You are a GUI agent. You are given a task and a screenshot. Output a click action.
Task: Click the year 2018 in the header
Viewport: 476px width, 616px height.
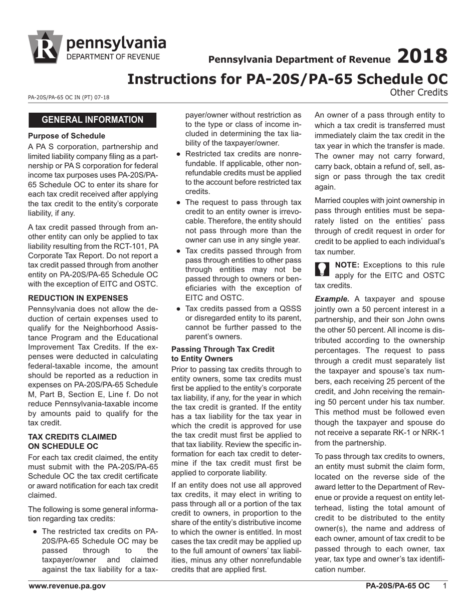click(x=422, y=56)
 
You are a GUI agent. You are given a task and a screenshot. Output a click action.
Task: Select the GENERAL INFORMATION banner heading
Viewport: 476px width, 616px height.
click(x=92, y=120)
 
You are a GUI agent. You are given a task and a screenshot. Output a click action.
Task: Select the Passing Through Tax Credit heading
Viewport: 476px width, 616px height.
click(x=222, y=354)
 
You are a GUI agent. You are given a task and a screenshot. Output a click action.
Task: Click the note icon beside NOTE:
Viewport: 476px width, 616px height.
click(x=323, y=269)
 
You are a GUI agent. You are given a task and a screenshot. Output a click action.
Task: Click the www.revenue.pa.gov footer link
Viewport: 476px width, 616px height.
click(x=67, y=585)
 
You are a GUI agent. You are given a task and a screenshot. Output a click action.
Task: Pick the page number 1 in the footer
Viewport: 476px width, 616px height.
click(x=444, y=585)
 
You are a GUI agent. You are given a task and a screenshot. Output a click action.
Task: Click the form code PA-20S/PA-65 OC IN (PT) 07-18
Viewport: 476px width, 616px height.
click(x=69, y=97)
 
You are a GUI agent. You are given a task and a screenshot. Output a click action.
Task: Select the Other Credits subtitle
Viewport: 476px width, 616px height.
click(x=418, y=92)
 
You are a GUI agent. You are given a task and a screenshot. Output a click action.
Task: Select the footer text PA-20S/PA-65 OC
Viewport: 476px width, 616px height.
click(x=397, y=585)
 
